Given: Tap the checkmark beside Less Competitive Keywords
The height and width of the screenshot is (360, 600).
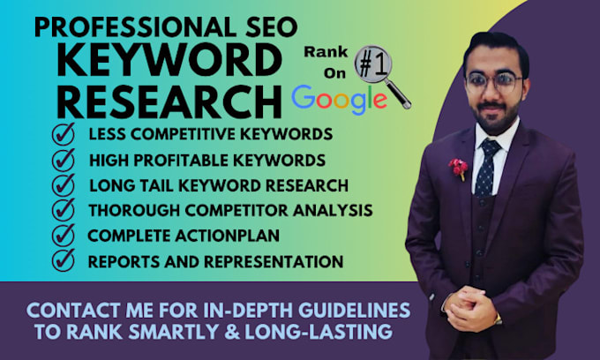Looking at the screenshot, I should [x=64, y=135].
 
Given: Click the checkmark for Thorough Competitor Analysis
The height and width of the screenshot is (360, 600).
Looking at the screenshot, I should [x=64, y=210].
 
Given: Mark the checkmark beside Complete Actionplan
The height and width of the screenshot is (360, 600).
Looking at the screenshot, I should [x=64, y=235].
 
